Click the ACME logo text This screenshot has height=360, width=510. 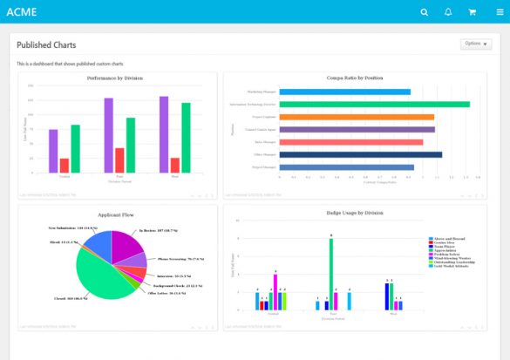[21, 12]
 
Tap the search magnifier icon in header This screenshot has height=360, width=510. [425, 12]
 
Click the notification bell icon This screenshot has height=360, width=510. [448, 12]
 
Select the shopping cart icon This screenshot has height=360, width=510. [473, 12]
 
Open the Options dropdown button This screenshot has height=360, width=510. [476, 44]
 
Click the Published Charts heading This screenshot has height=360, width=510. [46, 45]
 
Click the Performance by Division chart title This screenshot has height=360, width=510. [115, 78]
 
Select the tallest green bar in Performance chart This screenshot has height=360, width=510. [186, 138]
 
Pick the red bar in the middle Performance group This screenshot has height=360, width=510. [119, 160]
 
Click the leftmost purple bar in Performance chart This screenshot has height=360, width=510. [53, 151]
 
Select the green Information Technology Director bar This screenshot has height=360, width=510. [374, 104]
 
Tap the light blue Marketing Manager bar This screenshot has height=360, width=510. [344, 92]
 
